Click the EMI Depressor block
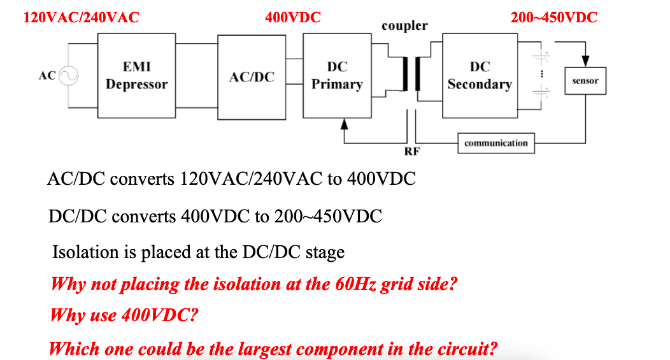(136, 76)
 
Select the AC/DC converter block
(252, 76)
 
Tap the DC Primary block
(337, 76)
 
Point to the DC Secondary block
(480, 76)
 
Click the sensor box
(585, 81)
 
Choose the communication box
(496, 143)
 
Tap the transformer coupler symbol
(411, 75)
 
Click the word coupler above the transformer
(404, 26)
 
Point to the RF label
(412, 152)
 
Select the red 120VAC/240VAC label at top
(81, 17)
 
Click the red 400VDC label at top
(293, 17)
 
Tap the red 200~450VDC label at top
(554, 17)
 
